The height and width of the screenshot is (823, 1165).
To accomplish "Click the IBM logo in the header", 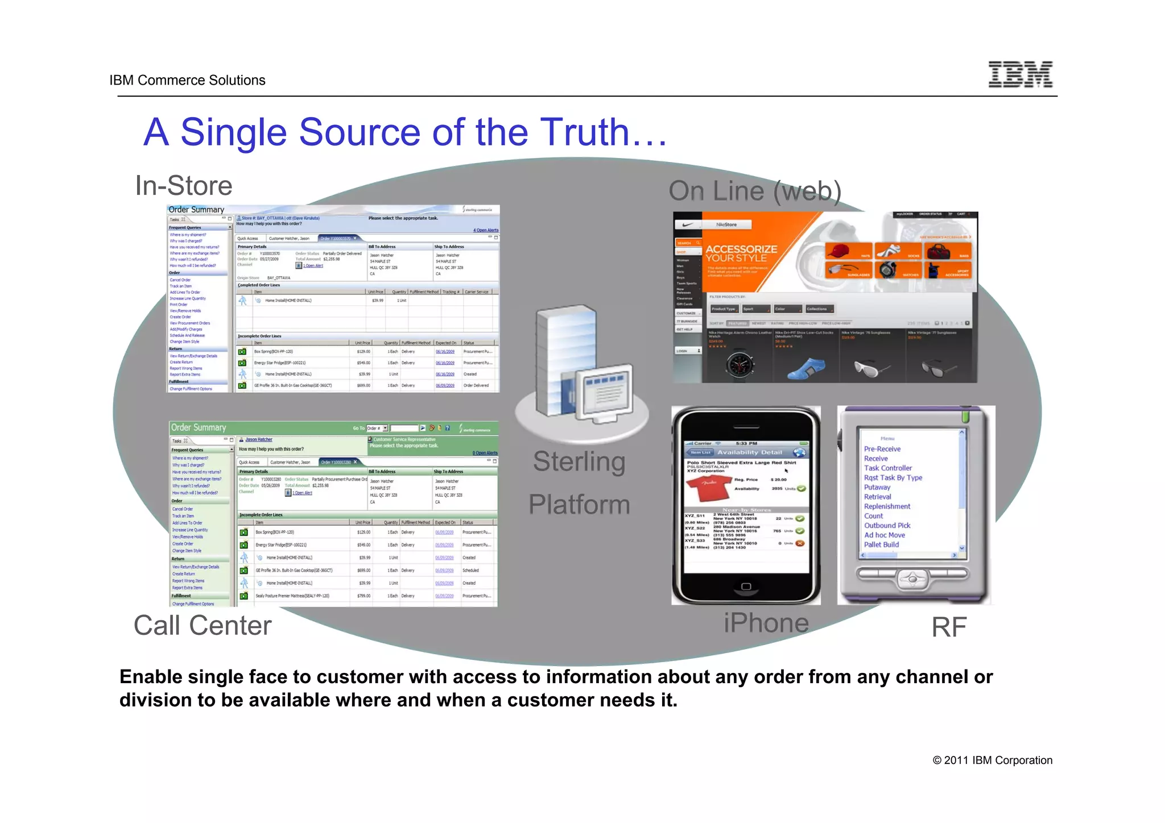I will tap(1020, 74).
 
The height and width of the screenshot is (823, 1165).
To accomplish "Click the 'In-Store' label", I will tap(184, 186).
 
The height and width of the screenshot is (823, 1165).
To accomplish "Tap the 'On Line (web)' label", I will tap(754, 191).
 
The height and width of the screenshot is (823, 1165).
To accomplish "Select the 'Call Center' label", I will tap(203, 625).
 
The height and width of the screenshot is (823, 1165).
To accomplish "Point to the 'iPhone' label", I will tap(766, 623).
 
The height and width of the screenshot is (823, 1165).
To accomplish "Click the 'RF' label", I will tap(948, 627).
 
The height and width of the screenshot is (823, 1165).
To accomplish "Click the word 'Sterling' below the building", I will tap(579, 462).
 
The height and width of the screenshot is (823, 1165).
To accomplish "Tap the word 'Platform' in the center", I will tap(579, 505).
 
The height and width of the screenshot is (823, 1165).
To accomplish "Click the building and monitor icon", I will tap(582, 369).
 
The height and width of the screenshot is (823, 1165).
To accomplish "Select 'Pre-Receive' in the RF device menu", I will tap(882, 449).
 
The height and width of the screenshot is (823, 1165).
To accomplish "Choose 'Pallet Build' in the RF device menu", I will tap(881, 544).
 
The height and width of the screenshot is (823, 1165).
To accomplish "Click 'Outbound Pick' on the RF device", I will tap(887, 526).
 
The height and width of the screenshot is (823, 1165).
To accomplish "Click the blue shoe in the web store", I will tap(806, 368).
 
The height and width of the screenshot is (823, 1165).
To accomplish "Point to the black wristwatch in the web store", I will tap(740, 364).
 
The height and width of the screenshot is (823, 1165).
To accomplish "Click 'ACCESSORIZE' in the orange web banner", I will tap(741, 249).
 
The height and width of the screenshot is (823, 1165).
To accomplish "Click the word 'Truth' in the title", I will tap(584, 132).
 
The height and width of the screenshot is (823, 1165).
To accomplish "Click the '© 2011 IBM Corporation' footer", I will tap(992, 760).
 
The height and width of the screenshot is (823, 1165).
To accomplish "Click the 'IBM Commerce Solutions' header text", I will tap(187, 80).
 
